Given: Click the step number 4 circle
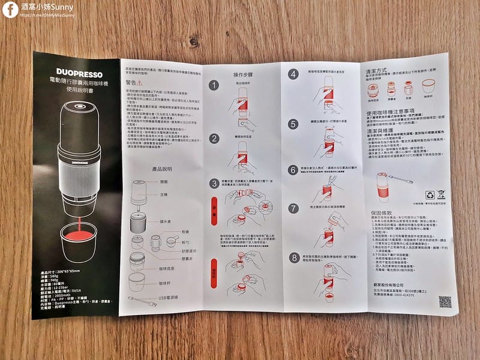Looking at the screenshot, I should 293,74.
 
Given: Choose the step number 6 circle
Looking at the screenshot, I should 293,169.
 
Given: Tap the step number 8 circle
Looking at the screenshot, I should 293,259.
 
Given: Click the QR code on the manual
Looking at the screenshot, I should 445,302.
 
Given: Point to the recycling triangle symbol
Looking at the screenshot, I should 430,195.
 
